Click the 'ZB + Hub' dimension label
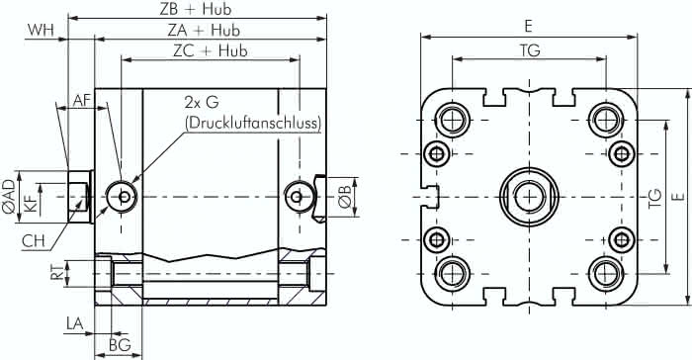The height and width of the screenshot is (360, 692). click(195, 9)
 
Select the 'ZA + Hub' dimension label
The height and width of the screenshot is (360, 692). click(204, 30)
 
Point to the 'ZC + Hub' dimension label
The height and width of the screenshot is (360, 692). click(210, 50)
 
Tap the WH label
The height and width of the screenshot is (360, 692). click(41, 30)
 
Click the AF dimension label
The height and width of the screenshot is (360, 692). click(82, 101)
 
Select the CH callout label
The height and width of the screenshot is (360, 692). click(34, 240)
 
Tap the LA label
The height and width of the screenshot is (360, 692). click(74, 323)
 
